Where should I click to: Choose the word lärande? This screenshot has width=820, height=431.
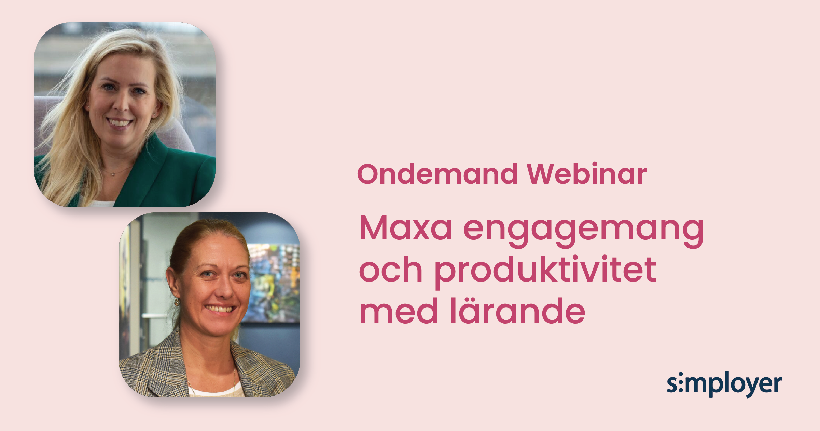[518, 310]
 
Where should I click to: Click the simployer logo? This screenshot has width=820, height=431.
[724, 384]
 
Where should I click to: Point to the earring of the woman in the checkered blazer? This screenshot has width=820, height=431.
[177, 302]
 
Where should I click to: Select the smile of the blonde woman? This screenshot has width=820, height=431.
[119, 122]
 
